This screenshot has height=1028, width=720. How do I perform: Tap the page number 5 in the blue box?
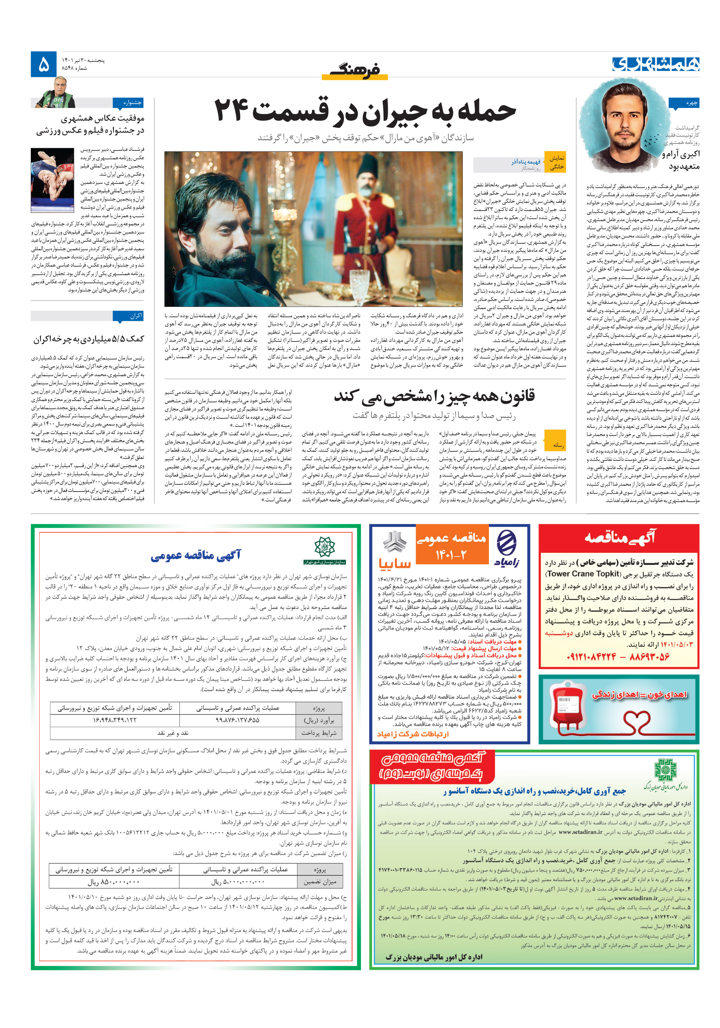44,64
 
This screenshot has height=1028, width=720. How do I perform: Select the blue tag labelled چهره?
684,103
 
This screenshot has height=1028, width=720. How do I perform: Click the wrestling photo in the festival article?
52,180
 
